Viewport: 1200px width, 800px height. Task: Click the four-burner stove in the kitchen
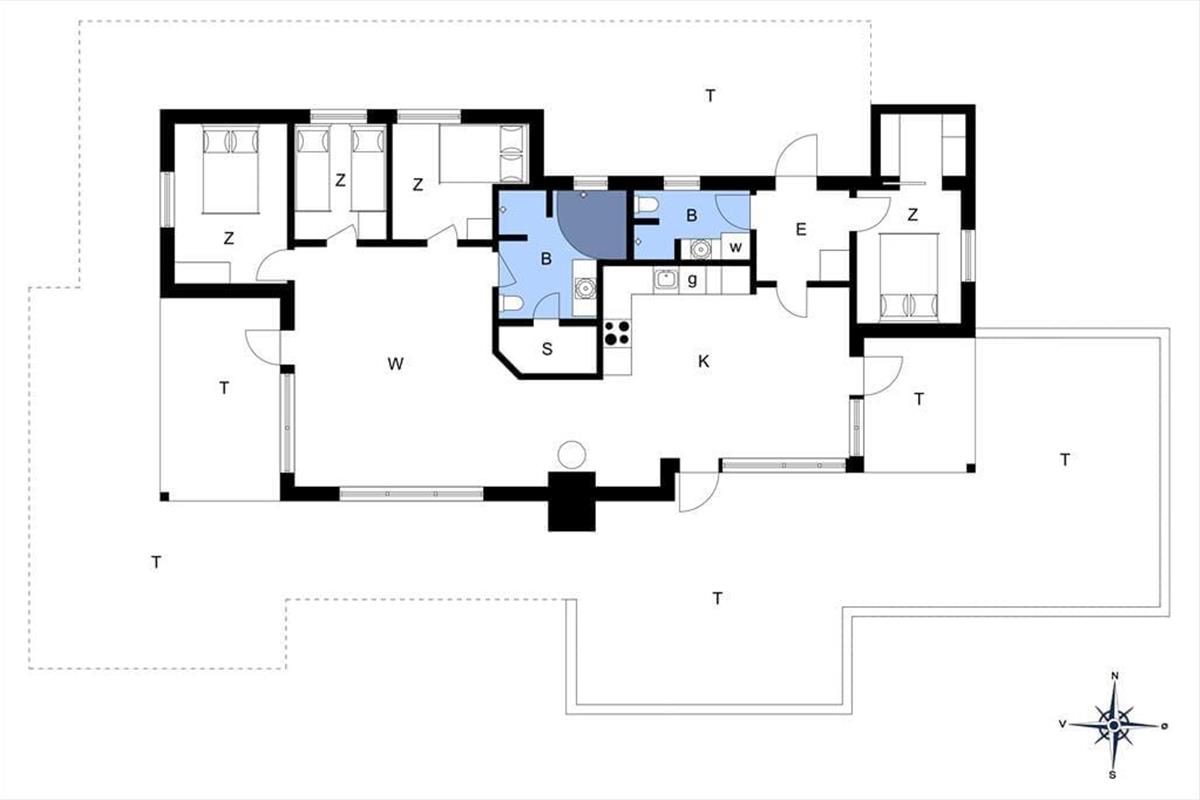tap(617, 333)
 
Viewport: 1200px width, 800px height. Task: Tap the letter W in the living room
tap(395, 364)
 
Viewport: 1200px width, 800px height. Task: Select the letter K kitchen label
tap(703, 362)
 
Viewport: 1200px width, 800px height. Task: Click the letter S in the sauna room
tap(547, 349)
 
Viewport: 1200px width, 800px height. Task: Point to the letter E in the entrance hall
tap(801, 229)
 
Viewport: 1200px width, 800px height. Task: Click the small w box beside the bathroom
tap(736, 247)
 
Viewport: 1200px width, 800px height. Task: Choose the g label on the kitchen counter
tap(692, 279)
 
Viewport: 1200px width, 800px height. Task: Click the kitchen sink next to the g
tap(666, 279)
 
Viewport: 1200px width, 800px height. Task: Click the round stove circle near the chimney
tap(572, 454)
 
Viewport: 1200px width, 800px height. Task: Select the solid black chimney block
tap(572, 502)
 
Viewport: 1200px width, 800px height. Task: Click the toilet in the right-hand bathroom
tap(647, 205)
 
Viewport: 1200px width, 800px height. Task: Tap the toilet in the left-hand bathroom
tap(511, 304)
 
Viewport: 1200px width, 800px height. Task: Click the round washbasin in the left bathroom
tap(584, 288)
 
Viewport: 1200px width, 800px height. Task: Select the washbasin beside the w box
tap(700, 249)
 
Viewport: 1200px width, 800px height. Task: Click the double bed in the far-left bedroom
tap(231, 170)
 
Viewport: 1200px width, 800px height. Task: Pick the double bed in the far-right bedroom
tap(909, 278)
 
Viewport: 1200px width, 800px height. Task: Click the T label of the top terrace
tap(710, 96)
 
